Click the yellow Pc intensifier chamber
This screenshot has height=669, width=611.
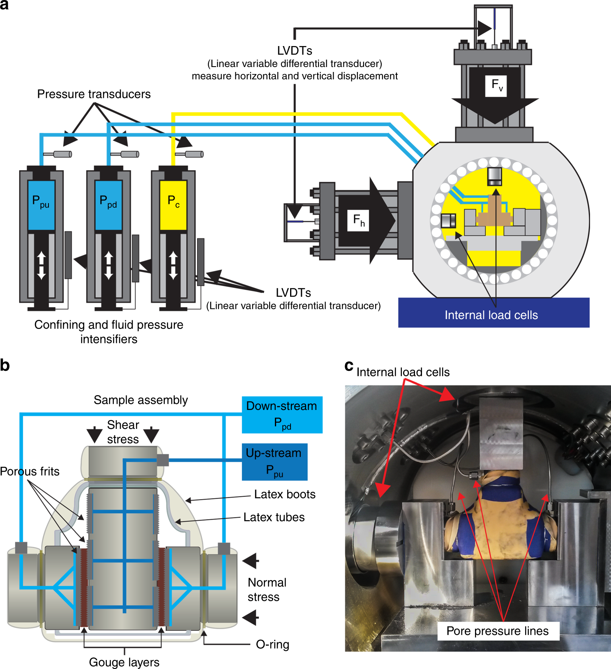pyautogui.click(x=173, y=205)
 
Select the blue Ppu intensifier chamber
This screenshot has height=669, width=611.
pyautogui.click(x=41, y=205)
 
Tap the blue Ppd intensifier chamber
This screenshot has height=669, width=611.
pyautogui.click(x=108, y=205)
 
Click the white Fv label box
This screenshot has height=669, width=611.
pyautogui.click(x=496, y=86)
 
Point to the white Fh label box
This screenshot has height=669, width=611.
pyautogui.click(x=358, y=220)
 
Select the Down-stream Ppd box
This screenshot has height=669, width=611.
pyautogui.click(x=282, y=414)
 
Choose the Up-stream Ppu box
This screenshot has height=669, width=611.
pyautogui.click(x=274, y=462)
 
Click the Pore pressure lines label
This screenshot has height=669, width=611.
pyautogui.click(x=497, y=631)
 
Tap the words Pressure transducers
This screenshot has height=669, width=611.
pyautogui.click(x=94, y=94)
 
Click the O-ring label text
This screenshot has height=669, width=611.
pyautogui.click(x=272, y=644)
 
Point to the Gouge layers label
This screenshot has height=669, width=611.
pyautogui.click(x=124, y=662)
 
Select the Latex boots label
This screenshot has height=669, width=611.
pyautogui.click(x=284, y=494)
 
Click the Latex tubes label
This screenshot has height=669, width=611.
pyautogui.click(x=274, y=517)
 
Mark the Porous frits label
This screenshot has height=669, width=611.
pyautogui.click(x=30, y=471)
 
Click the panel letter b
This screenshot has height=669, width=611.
pyautogui.click(x=5, y=365)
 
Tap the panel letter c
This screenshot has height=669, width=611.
pyautogui.click(x=349, y=365)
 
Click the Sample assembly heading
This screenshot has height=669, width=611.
pyautogui.click(x=141, y=400)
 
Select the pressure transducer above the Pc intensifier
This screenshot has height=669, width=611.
pyautogui.click(x=190, y=154)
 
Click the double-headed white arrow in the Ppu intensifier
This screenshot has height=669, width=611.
pyautogui.click(x=42, y=265)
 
